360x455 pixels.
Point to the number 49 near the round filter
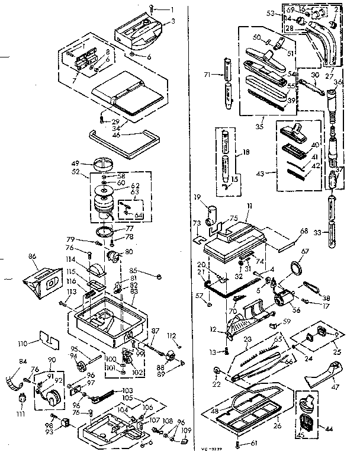click(92, 164)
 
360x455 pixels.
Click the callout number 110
click(39, 343)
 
